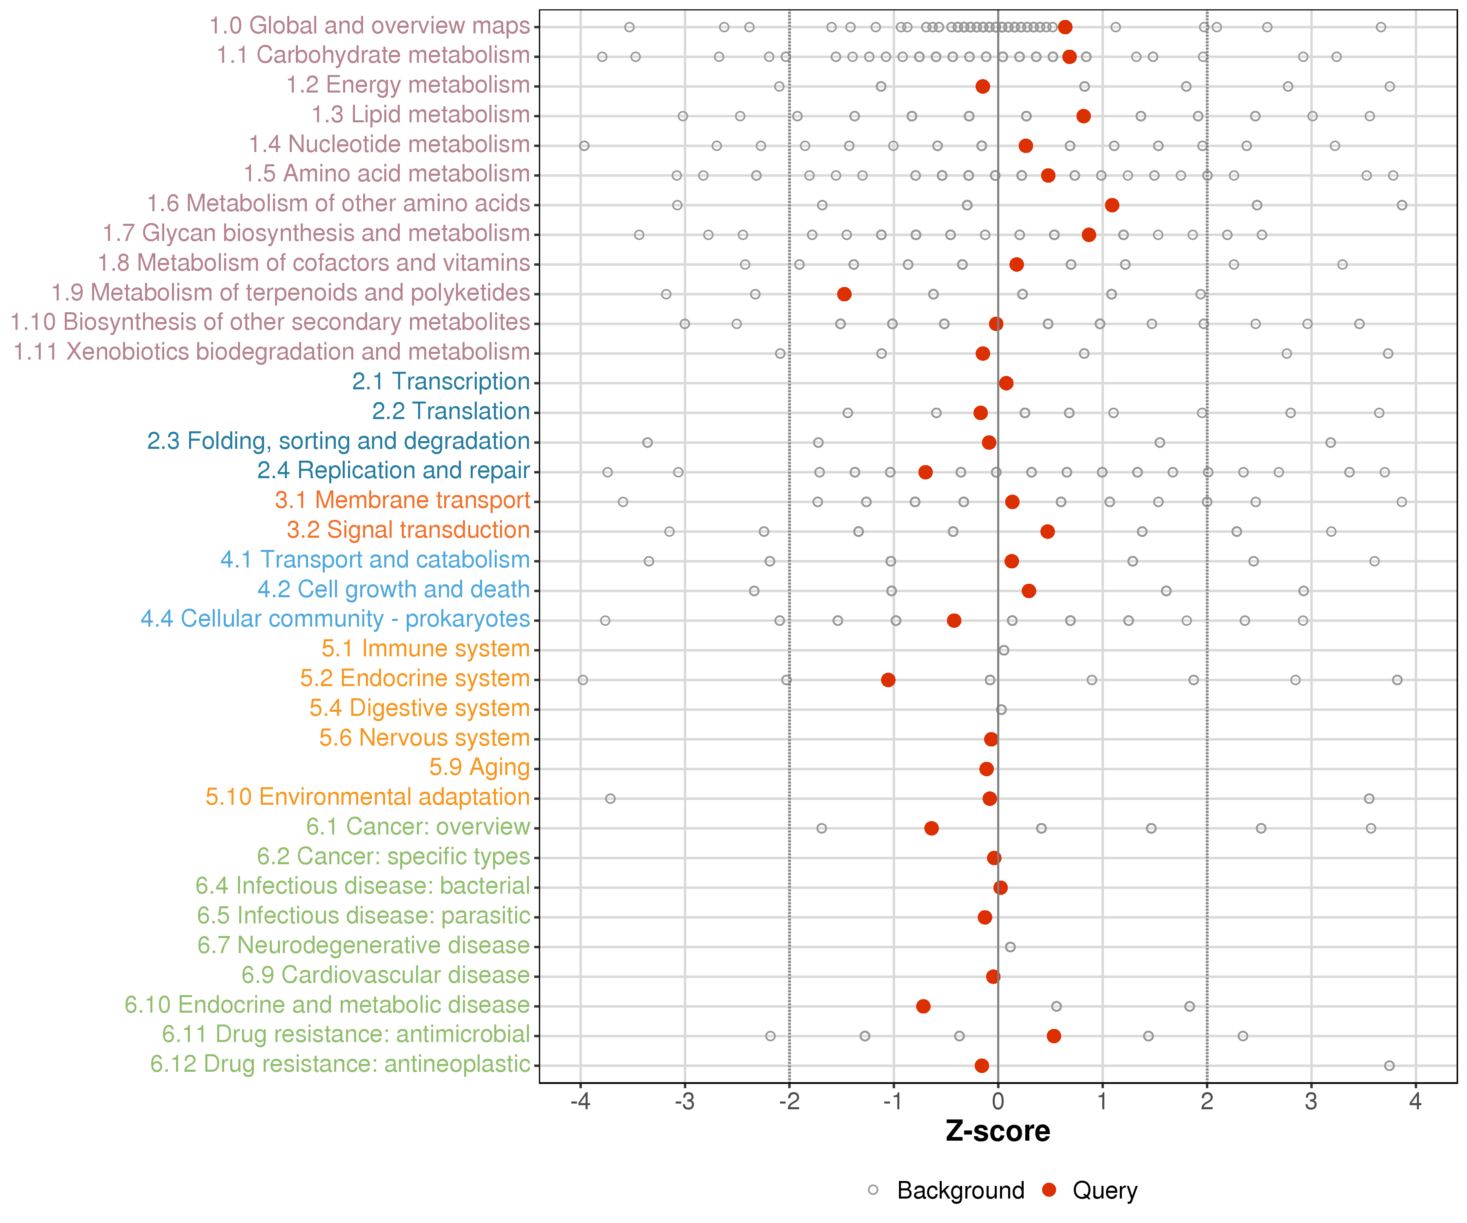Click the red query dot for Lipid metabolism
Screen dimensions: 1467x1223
[1084, 116]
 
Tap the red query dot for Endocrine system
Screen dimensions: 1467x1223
[888, 680]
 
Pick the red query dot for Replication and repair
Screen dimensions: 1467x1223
[925, 472]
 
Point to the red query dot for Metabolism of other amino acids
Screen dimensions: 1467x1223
[1112, 205]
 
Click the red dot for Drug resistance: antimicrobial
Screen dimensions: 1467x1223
[1054, 1036]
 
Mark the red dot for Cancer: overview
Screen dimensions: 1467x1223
[931, 828]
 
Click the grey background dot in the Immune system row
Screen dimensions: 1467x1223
[1004, 651]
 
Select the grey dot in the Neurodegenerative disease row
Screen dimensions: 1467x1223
[1010, 947]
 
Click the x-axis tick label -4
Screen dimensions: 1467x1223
[580, 1102]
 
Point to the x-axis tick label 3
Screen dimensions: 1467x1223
[1311, 1102]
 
